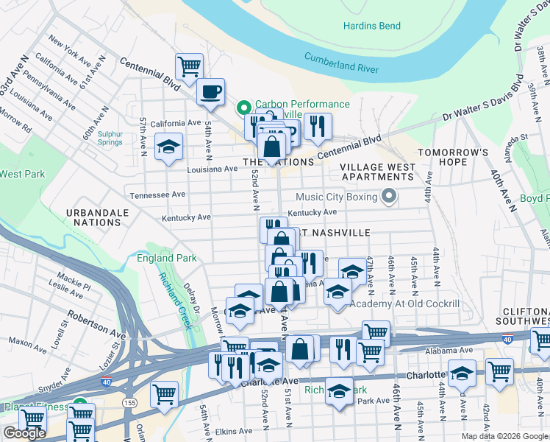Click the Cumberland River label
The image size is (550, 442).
(x=341, y=63)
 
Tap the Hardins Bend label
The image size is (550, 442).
(x=372, y=27)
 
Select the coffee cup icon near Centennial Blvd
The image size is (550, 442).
(x=211, y=92)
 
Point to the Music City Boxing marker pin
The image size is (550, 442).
(x=389, y=197)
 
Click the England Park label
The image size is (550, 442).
(x=167, y=259)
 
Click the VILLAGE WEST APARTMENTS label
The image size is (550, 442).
(x=377, y=172)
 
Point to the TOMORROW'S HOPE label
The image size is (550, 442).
(x=453, y=157)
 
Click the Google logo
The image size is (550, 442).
(x=24, y=433)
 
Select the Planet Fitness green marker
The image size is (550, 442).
(x=79, y=406)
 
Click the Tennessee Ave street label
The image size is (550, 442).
(x=157, y=195)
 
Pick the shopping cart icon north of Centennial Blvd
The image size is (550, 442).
(x=189, y=65)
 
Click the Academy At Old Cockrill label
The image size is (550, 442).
(x=405, y=304)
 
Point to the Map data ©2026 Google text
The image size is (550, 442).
(x=504, y=436)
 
